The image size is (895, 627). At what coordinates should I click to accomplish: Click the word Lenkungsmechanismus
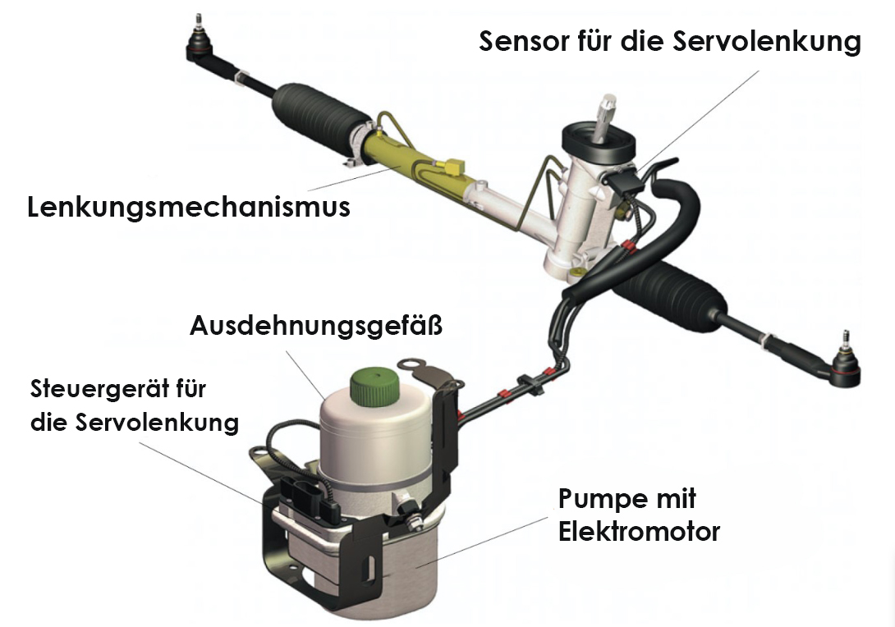click(x=188, y=207)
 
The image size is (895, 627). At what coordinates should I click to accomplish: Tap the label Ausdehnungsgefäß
click(x=316, y=327)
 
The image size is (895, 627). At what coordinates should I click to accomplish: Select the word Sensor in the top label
click(x=524, y=41)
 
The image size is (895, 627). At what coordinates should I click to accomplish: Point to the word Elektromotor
click(x=640, y=532)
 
